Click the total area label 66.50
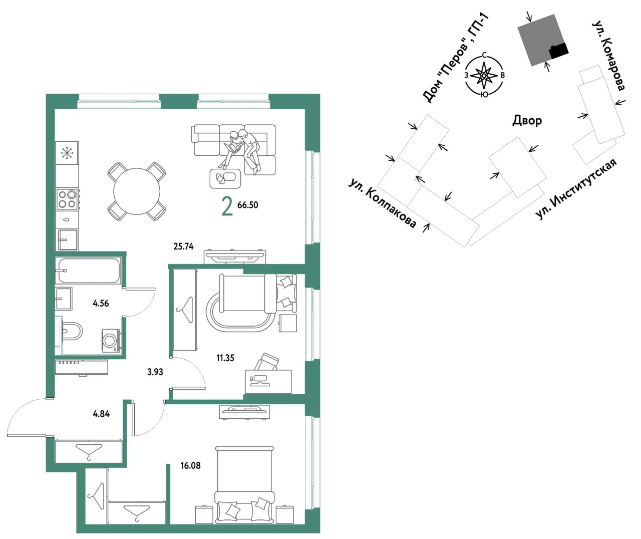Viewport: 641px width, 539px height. [x=247, y=205]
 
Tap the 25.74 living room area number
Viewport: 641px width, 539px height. [x=183, y=246]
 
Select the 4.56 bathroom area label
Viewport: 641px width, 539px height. [x=101, y=303]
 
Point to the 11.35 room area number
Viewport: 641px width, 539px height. [x=225, y=358]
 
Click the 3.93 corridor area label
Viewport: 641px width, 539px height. [x=155, y=372]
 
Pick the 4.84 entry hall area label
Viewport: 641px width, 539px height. [x=101, y=414]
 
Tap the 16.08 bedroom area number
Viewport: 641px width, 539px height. [x=190, y=465]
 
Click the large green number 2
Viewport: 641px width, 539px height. [x=227, y=207]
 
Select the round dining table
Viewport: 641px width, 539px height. [x=137, y=191]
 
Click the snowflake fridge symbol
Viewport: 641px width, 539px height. [x=67, y=153]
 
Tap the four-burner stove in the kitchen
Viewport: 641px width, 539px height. [x=67, y=199]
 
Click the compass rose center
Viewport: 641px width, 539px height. [x=484, y=75]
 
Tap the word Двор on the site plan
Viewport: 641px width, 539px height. [x=527, y=120]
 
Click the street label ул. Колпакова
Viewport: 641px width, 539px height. [x=383, y=203]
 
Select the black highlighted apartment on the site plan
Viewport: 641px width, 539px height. [x=558, y=51]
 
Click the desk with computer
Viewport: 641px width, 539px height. [x=268, y=381]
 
